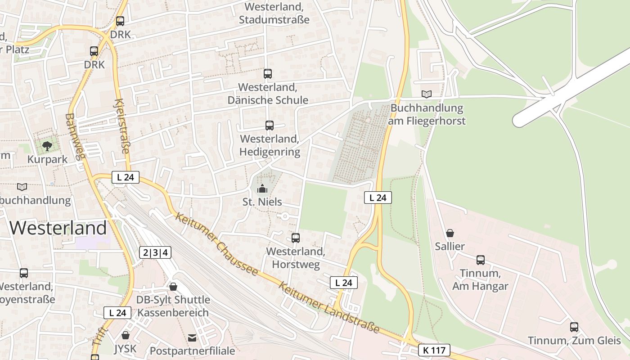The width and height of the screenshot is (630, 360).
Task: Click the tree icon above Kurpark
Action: [x=47, y=146]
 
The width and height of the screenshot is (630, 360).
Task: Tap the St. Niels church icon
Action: [x=262, y=188]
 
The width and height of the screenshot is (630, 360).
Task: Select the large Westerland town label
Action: [x=58, y=228]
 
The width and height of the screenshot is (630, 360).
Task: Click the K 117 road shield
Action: [x=434, y=350]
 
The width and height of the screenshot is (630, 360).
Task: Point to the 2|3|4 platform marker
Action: [x=155, y=252]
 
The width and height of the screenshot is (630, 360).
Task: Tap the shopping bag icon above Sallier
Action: [x=450, y=233]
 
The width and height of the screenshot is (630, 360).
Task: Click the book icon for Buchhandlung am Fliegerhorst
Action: [x=426, y=94]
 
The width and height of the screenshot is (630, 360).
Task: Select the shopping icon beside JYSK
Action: [x=126, y=335]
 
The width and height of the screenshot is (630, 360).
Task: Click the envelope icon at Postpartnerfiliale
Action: [x=192, y=337]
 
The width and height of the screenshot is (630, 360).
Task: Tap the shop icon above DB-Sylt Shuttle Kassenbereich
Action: [x=173, y=287]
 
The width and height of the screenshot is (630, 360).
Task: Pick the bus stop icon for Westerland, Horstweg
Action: [x=296, y=238]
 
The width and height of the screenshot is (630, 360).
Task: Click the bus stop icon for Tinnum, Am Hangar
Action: [x=480, y=260]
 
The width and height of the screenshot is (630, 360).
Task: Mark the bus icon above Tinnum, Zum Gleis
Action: [x=574, y=327]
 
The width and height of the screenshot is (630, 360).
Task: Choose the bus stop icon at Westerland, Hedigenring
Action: [x=269, y=126]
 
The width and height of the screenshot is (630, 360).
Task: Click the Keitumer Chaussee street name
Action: [x=216, y=244]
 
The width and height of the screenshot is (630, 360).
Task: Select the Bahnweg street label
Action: [x=75, y=136]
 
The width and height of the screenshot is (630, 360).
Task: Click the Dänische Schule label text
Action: [x=268, y=100]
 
